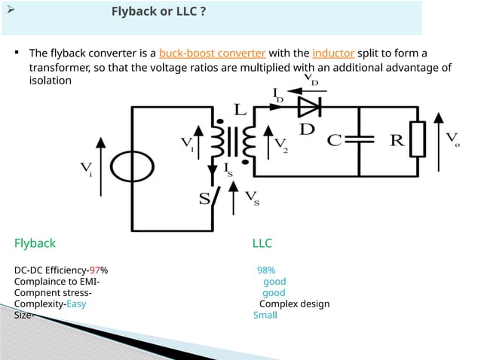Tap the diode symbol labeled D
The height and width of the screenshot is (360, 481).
(309, 107)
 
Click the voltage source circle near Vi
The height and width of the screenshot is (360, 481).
(131, 163)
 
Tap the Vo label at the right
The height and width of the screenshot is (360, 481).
(452, 139)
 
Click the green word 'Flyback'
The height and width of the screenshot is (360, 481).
(35, 243)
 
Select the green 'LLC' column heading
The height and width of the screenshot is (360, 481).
(262, 243)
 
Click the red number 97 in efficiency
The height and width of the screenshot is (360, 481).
(95, 270)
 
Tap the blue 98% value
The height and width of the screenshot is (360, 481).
(265, 270)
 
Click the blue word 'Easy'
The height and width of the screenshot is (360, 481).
(76, 304)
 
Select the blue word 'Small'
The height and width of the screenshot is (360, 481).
(265, 315)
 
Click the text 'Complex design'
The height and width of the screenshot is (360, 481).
(294, 304)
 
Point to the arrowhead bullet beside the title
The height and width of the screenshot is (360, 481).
(11, 11)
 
